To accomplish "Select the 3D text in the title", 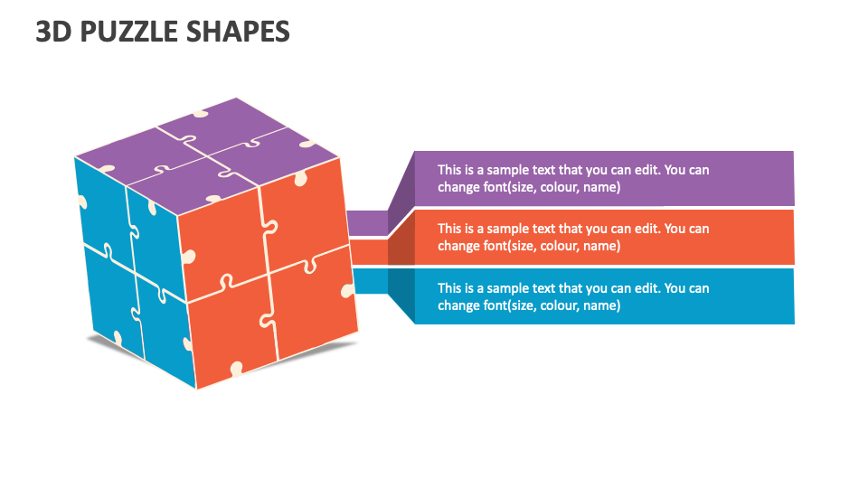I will (53, 32).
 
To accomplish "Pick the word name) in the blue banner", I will (601, 305).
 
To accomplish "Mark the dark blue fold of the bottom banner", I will (401, 296).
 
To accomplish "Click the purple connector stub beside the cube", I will (367, 222).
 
